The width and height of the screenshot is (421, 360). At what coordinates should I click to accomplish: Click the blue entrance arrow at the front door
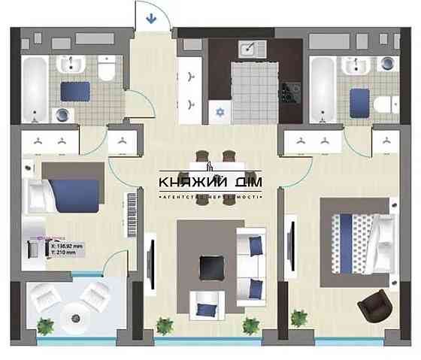click(150, 17)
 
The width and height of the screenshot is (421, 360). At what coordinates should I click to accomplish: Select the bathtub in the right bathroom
click(323, 86)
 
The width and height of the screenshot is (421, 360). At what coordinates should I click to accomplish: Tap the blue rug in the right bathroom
click(359, 98)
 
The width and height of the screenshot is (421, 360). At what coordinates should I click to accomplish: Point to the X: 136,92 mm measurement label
click(68, 245)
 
